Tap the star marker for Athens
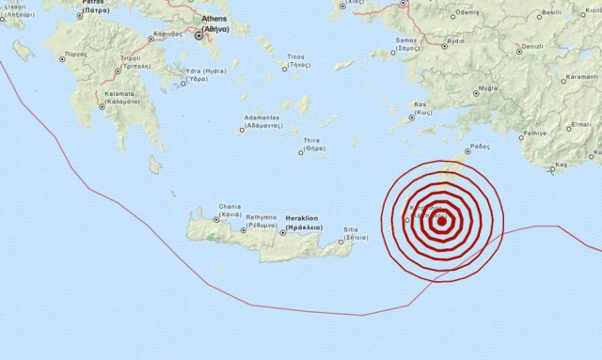(x=198, y=35)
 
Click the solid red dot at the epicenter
(x=441, y=223)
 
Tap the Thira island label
(x=312, y=143)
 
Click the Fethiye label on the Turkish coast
(x=534, y=133)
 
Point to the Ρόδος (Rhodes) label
(x=479, y=147)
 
